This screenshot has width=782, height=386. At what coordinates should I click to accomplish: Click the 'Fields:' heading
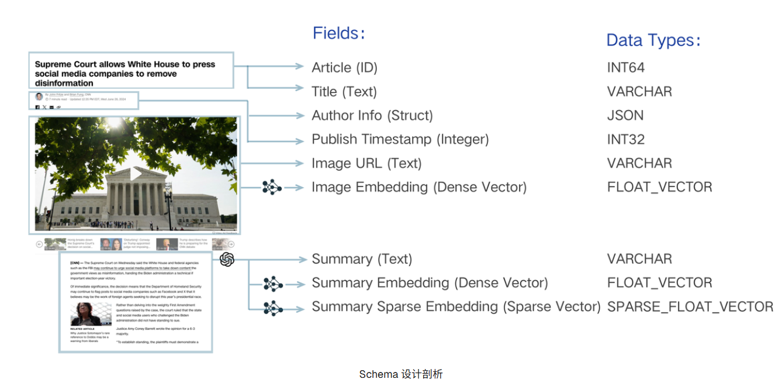[x=339, y=33]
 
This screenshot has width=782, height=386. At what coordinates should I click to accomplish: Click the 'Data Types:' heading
[x=653, y=40]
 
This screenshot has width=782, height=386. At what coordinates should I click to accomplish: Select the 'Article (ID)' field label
[x=344, y=68]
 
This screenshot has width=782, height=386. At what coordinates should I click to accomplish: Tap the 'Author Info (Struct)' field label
[x=372, y=116]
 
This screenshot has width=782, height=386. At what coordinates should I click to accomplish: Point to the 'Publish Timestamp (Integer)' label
[x=400, y=140]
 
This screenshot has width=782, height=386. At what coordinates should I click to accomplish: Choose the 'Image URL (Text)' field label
[x=366, y=164]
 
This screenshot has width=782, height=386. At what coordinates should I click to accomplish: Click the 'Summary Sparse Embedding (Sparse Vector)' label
[x=456, y=307]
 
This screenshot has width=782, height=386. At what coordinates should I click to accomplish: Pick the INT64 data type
[x=625, y=68]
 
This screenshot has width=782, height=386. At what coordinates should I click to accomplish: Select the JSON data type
[x=625, y=116]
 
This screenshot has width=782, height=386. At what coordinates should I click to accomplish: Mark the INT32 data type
[x=625, y=140]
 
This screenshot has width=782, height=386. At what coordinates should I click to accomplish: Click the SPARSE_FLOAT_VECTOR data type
[x=690, y=307]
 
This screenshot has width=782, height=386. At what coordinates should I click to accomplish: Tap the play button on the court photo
[x=136, y=174]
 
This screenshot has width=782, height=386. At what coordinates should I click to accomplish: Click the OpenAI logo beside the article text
[x=227, y=259]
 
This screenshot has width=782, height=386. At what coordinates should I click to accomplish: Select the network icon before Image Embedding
[x=272, y=187]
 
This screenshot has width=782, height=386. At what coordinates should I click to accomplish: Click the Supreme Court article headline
[x=125, y=74]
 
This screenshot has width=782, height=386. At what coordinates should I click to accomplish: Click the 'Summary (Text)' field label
[x=362, y=259]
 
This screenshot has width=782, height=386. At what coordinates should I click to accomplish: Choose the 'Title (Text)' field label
[x=344, y=92]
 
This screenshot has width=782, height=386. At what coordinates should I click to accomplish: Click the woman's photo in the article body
[x=91, y=314]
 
